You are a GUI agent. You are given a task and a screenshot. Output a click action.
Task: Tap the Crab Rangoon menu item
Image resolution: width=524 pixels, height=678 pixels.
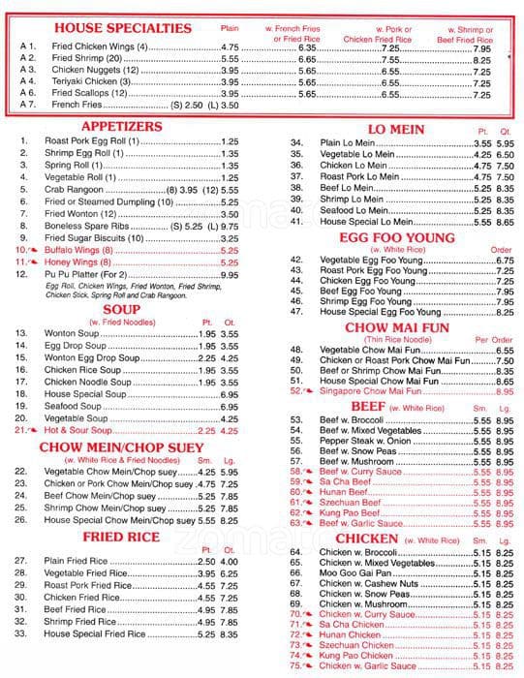click(x=75, y=191)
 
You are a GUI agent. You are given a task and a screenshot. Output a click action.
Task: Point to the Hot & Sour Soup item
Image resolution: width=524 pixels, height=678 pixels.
click(x=86, y=429)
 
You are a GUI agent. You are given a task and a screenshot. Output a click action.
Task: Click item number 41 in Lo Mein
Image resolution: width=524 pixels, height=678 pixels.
click(x=297, y=222)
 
